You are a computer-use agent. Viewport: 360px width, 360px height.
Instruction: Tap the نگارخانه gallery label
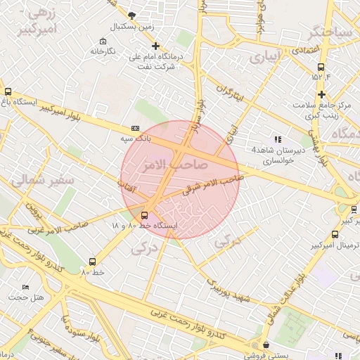coord(103,51)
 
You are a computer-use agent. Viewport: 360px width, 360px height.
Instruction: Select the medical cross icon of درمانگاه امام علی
coord(156,46)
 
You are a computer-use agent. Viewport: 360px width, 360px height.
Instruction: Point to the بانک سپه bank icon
coord(135,129)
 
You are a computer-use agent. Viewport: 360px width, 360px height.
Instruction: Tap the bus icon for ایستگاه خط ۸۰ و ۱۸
coord(144,214)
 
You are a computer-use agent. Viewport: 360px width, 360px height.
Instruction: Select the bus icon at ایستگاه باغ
coord(8,91)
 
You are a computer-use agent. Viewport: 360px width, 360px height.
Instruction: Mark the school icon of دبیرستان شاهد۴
coord(278,139)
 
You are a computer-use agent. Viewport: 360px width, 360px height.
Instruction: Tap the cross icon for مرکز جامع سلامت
coord(321,94)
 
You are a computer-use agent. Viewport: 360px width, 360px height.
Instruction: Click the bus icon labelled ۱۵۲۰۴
coord(321,67)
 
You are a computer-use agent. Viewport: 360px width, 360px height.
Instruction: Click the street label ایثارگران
coord(230,93)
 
